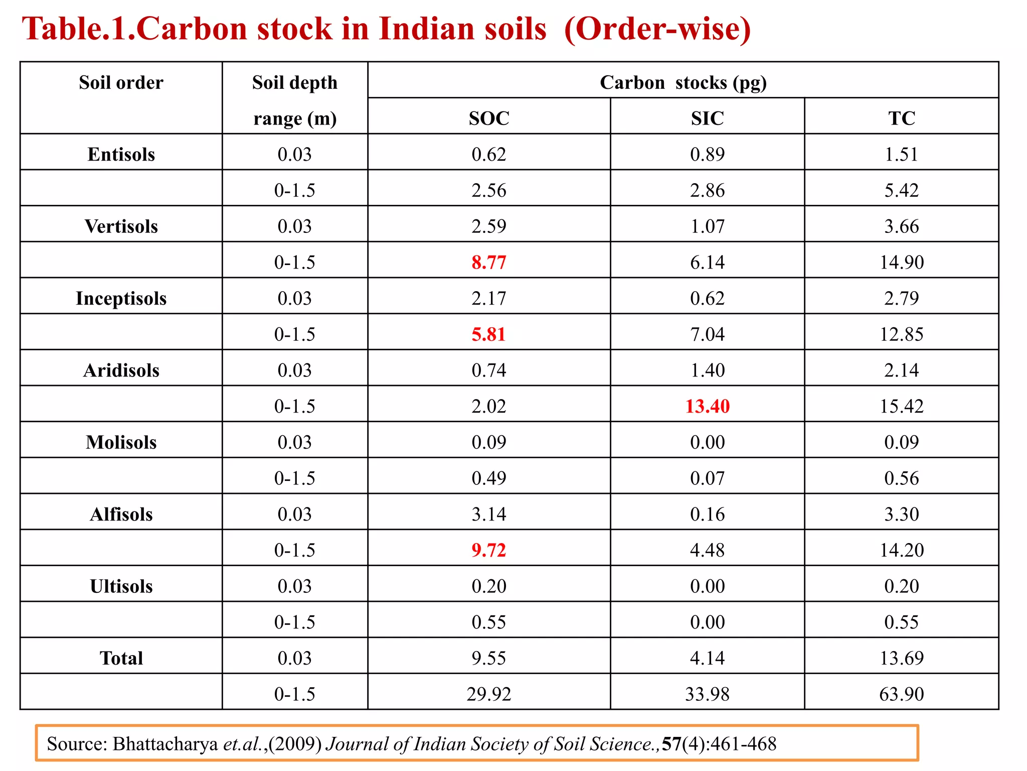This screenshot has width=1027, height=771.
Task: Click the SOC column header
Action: click(x=489, y=118)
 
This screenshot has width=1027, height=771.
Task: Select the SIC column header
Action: click(x=707, y=118)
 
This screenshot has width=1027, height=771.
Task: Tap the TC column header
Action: click(x=902, y=118)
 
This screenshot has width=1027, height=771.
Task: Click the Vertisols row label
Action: click(x=121, y=226)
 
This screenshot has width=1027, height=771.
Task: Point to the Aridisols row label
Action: click(x=121, y=370)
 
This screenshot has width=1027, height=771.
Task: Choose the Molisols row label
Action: click(x=121, y=442)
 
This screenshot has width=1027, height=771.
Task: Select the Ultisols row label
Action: click(x=121, y=586)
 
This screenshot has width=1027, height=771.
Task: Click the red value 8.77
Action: click(x=489, y=263)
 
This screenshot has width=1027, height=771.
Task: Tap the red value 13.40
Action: click(x=707, y=406)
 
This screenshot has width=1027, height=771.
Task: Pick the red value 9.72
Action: click(x=489, y=550)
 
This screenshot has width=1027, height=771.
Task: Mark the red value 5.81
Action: click(x=489, y=334)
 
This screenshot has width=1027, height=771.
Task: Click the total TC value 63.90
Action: click(x=902, y=694)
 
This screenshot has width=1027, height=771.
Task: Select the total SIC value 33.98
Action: click(x=707, y=694)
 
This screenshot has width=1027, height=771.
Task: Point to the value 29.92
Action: click(x=489, y=694)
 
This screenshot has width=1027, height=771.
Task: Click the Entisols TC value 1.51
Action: click(x=902, y=155)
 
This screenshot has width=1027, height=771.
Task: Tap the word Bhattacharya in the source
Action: click(x=165, y=744)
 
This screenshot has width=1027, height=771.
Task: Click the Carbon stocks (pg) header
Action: click(x=683, y=82)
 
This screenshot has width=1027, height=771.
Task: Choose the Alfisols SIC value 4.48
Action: click(x=707, y=550)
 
